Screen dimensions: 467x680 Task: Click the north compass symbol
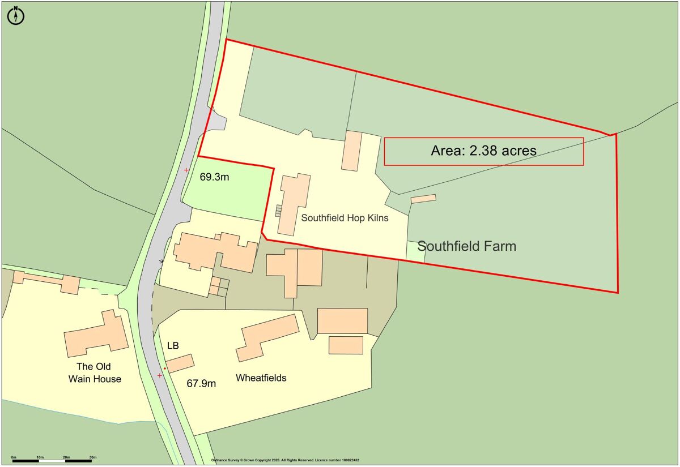pos(16,15)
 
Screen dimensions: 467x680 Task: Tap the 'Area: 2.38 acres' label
pos(483,151)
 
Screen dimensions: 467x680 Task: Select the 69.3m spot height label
pos(214,177)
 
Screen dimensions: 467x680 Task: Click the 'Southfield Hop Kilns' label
pos(345,217)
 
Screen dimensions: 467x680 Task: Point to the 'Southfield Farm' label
pos(466,246)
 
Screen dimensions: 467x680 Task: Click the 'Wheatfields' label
pos(261,378)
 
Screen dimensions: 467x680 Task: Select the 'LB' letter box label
pos(173,345)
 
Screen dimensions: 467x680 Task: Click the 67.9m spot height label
pos(201,383)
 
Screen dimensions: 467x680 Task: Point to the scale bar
pos(54,460)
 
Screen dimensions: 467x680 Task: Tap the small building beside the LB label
pos(180,363)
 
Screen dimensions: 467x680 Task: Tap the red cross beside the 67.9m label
pos(160,375)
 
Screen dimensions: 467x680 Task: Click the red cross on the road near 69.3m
pos(186,170)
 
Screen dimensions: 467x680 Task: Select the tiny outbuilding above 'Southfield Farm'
pos(423,199)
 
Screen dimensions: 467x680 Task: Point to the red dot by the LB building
pos(164,369)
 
